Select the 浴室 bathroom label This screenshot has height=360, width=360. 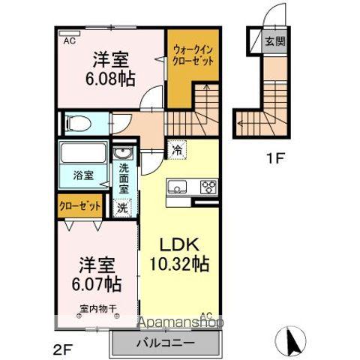point(82,175)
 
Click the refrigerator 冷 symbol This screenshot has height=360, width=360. point(177,148)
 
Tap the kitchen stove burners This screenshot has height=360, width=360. point(206,187)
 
